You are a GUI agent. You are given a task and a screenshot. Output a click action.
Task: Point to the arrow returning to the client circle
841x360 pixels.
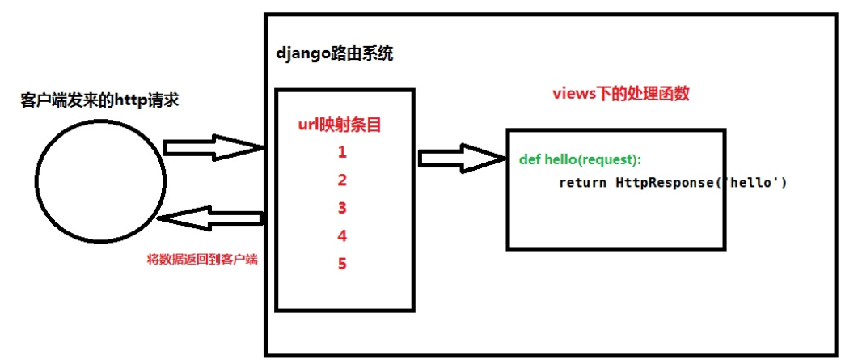pyautogui.click(x=212, y=218)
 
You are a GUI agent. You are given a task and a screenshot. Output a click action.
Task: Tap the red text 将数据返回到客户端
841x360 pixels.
pyautogui.click(x=197, y=260)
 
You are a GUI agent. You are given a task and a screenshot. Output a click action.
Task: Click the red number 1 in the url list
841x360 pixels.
pyautogui.click(x=343, y=152)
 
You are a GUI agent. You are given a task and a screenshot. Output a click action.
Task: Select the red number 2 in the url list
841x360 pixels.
pyautogui.click(x=343, y=180)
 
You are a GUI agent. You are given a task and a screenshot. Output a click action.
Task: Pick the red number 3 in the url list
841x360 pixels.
pyautogui.click(x=343, y=208)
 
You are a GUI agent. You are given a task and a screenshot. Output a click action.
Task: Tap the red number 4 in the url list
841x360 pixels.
pyautogui.click(x=343, y=236)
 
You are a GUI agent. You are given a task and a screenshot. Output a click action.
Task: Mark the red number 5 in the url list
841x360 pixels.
pyautogui.click(x=343, y=264)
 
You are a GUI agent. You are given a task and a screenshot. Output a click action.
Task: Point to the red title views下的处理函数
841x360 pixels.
pyautogui.click(x=620, y=94)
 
